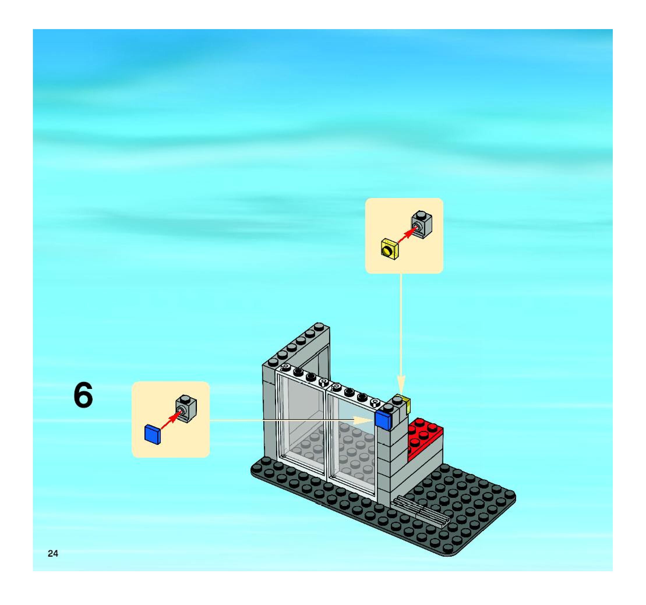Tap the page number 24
coord(53,553)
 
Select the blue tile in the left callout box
coord(153,434)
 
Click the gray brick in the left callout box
coord(186,408)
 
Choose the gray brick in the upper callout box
coord(422,224)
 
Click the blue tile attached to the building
coord(384,421)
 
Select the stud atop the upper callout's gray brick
coord(422,214)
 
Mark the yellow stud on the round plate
coord(387,250)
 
